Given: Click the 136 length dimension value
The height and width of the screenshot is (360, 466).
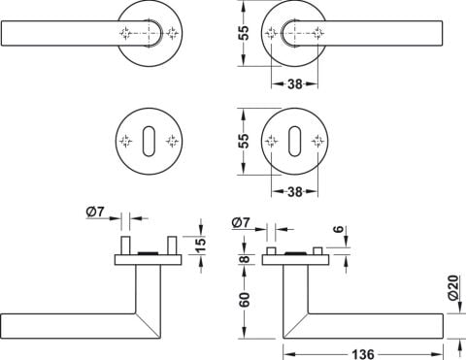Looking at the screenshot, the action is coord(363,353).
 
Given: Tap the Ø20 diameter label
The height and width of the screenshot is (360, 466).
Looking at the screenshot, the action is coord(454,287).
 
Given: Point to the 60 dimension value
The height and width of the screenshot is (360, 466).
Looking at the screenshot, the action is coord(245,300).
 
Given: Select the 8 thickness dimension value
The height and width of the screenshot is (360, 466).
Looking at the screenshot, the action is coord(245,259).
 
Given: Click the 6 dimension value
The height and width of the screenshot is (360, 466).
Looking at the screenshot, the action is coord(338,229).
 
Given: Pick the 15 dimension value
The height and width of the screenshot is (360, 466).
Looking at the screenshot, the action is coord(201,245).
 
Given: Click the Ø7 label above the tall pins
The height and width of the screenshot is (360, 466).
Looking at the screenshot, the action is coord(95,213).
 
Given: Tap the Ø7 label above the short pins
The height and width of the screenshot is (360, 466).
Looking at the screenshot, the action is coord(241,223).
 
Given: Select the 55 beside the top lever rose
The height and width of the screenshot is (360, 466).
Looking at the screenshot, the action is coord(245,33).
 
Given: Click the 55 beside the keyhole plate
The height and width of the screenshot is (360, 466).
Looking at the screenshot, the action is coord(245,141).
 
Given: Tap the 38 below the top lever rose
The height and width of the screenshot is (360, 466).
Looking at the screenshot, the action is coord(295,84).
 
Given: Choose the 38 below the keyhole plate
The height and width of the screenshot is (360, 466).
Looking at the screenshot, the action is coord(295,192).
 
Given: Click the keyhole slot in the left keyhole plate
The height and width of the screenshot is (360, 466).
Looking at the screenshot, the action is coord(149,142).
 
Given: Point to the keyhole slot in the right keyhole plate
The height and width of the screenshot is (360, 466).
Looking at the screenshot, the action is coord(294,142).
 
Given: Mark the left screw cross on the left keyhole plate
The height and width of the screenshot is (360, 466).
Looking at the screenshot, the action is coord(126,142).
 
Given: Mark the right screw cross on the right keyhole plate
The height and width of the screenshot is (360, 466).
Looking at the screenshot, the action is coord(317,142).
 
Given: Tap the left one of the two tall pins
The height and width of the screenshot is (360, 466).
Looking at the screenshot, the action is coord(125,245).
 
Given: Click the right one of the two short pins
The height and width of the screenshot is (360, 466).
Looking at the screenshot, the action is coord(317,251).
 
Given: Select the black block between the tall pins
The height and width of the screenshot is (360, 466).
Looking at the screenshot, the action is coord(148,253).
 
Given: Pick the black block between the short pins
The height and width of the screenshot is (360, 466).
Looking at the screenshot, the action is coord(294,253).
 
